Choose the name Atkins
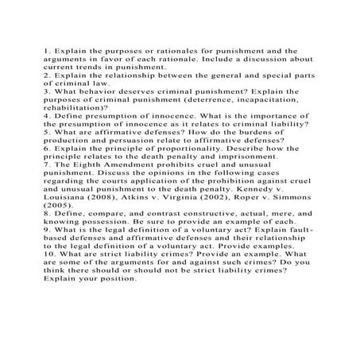pos(125,200)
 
